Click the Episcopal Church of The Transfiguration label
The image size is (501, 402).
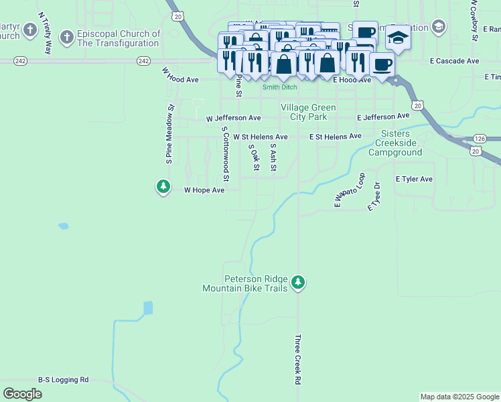point(119,38)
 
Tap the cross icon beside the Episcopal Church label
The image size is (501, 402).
point(67,38)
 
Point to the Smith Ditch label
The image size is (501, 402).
point(280,87)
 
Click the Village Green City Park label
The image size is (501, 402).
point(308,112)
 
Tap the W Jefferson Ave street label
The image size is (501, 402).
point(233,118)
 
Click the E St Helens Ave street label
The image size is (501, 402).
point(335,137)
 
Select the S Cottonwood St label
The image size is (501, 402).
point(226,154)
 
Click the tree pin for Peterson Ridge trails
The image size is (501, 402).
point(299,283)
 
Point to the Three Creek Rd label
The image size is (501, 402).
point(297,359)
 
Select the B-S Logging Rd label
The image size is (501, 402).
point(63,379)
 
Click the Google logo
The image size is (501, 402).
point(22,393)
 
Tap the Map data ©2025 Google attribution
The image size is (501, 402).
point(459,397)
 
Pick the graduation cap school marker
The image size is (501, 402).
point(398,39)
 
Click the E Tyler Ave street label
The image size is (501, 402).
point(414,180)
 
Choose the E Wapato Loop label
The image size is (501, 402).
point(350,191)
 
